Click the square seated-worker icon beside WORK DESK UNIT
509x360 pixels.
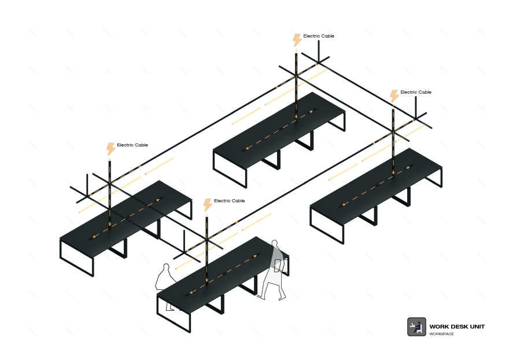pos(416,327)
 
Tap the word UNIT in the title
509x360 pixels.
pos(477,326)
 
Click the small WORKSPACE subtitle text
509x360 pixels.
pos(441,334)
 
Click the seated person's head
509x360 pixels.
pos(166,267)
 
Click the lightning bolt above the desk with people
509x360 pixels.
pos(208,205)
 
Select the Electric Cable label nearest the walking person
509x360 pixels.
pos(229,201)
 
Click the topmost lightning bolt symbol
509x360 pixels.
pos(297,40)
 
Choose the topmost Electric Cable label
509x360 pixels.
pos(319,36)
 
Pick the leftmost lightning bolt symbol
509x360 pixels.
pos(110,149)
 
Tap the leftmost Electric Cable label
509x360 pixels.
pos(132,145)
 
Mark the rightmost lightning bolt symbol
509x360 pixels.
pos(394,96)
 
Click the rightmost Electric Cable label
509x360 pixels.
pos(416,92)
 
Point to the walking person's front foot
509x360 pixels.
pos(261,296)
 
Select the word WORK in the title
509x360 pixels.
pos(438,326)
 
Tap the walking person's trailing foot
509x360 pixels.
pos(282,297)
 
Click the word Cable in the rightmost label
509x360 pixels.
pos(424,92)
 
